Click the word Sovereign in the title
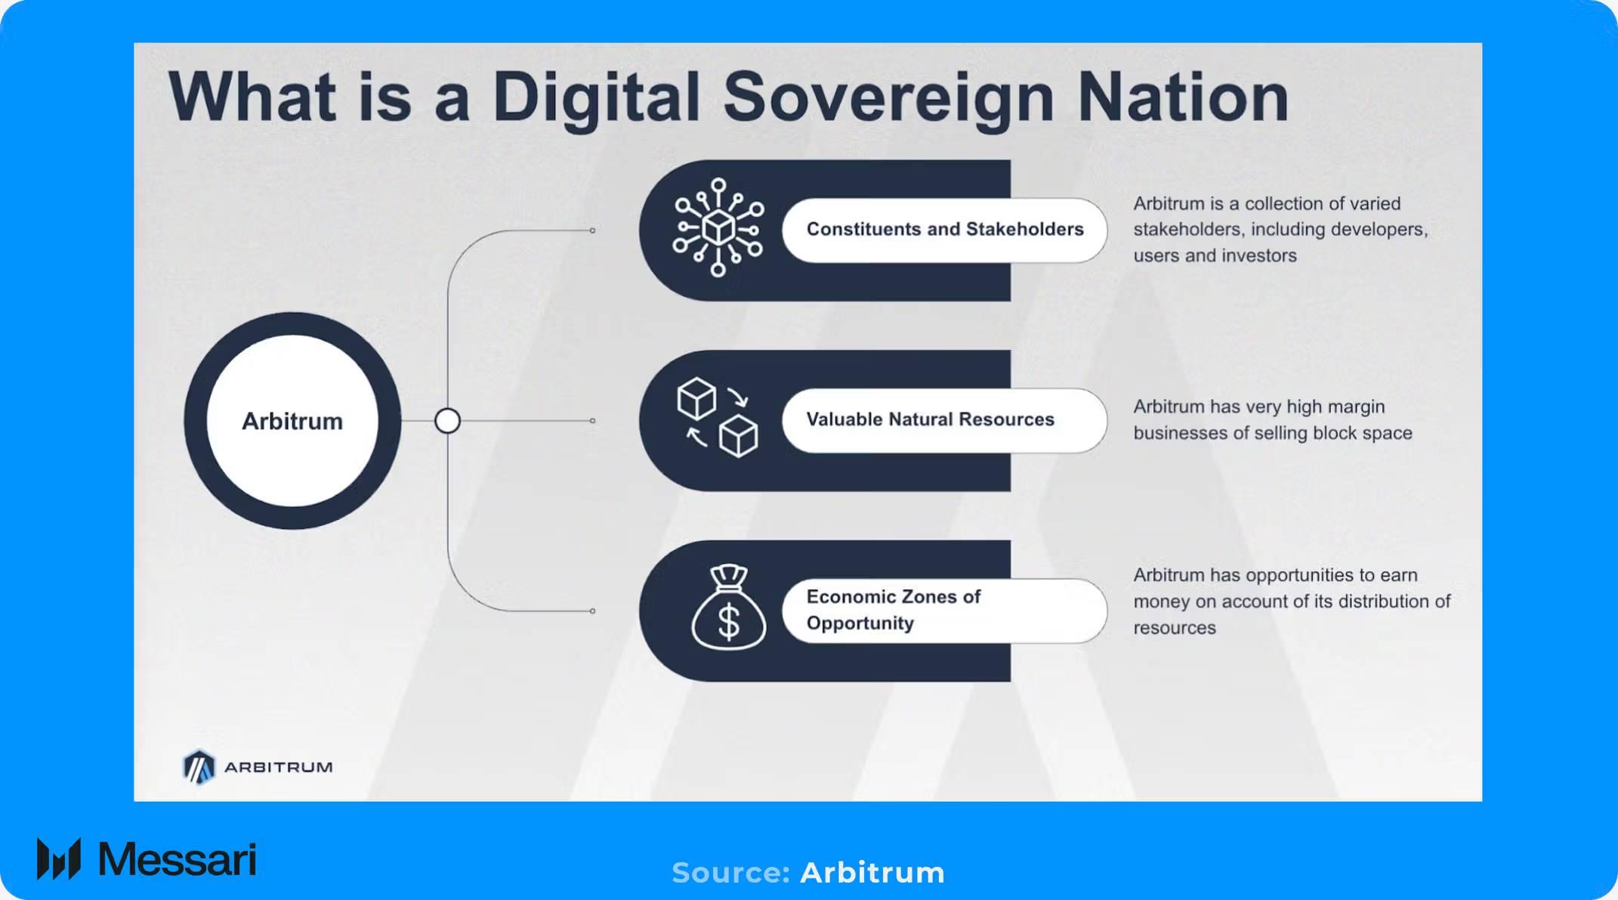coord(888,98)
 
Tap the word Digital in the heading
coord(596,98)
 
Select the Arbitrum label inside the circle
coord(292,421)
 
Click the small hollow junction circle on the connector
coord(447,421)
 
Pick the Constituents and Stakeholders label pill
coord(944,230)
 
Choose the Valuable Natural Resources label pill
coord(944,420)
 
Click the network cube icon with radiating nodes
coord(718,227)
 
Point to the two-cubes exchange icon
coord(717,418)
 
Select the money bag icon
coord(728,608)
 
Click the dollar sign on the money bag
coord(729,623)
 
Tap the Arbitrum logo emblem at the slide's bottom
coord(199,767)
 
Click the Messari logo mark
coord(59,859)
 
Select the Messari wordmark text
coord(178,860)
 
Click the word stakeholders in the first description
coord(1186,230)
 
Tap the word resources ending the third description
coord(1175,628)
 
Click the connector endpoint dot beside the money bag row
coord(592,611)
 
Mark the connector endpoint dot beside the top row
coord(592,230)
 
